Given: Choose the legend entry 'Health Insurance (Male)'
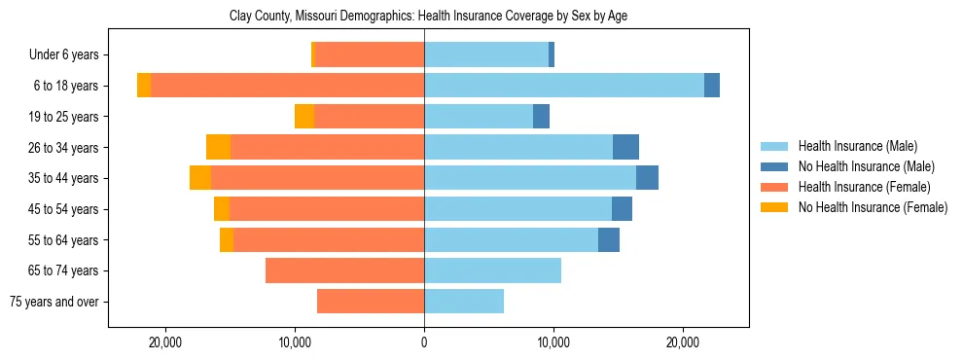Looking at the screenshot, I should click(857, 146).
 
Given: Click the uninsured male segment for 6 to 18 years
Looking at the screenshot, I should click(712, 86).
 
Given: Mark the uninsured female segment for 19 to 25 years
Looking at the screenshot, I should click(304, 117).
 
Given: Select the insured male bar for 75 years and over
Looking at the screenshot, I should click(464, 302).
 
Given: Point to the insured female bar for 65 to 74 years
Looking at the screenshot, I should click(344, 270).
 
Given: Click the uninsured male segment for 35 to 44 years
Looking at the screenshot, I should click(647, 178).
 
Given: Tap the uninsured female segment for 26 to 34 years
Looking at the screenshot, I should click(218, 147).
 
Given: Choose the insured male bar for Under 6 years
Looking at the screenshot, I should click(486, 55).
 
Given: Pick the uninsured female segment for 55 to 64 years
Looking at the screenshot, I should click(227, 239).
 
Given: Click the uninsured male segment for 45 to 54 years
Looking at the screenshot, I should click(622, 209).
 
